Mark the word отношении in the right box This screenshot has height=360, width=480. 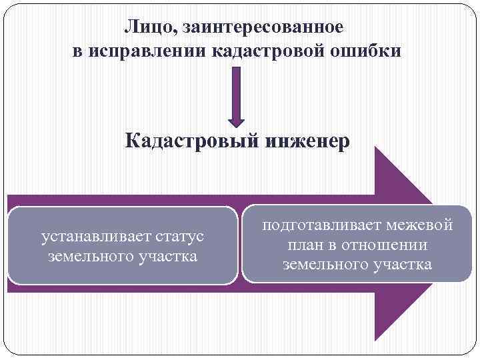(387, 245)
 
